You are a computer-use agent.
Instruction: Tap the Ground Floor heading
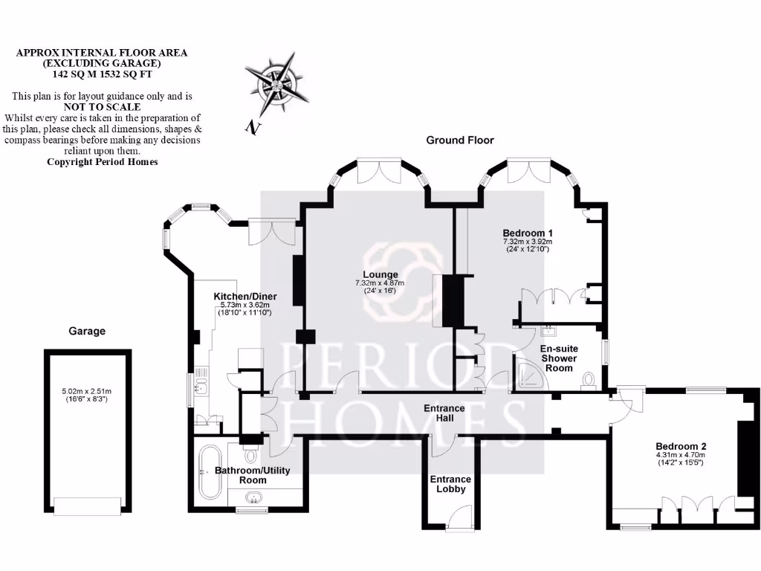point(459,140)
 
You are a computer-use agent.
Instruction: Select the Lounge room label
point(380,274)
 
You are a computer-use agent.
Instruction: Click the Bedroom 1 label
point(527,232)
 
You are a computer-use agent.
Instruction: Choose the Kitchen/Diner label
point(242,296)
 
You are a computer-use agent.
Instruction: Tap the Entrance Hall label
point(444,413)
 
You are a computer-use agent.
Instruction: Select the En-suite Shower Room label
point(558,358)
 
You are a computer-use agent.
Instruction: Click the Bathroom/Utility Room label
point(252,475)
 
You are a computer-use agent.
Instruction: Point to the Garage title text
point(87,331)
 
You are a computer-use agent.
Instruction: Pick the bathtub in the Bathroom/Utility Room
point(210,474)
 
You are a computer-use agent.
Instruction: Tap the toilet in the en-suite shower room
point(589,381)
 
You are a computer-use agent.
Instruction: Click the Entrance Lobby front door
point(462,516)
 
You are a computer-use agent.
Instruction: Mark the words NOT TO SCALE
point(103,107)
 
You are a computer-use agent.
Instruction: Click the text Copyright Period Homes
point(103,161)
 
